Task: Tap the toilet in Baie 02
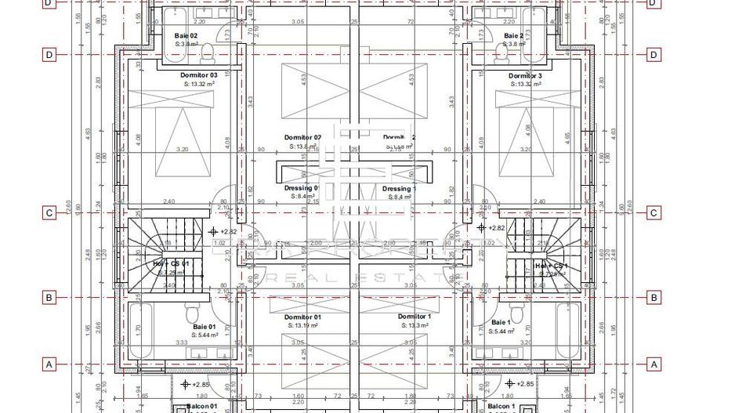[208, 52]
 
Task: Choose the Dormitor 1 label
[413, 317]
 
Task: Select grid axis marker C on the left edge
[49, 213]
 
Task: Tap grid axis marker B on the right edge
[653, 298]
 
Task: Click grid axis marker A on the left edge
[49, 364]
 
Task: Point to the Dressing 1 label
[399, 189]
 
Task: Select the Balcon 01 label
[201, 408]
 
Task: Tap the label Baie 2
[513, 36]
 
